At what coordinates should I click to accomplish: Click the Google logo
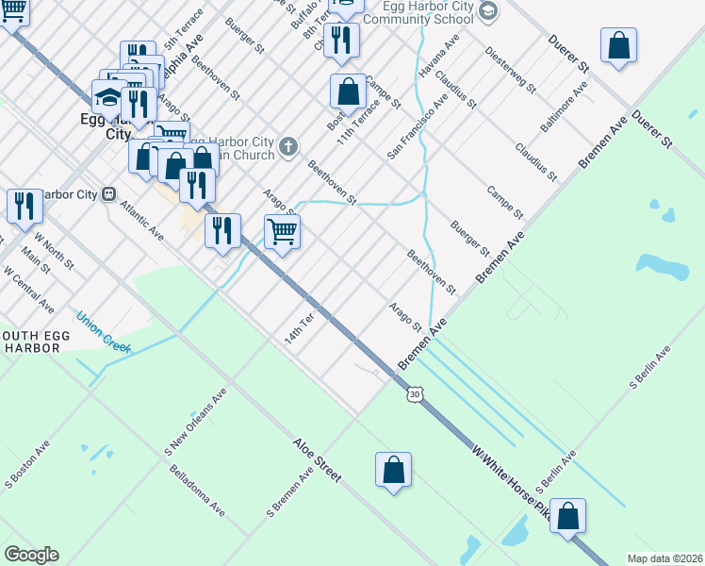[x=31, y=555]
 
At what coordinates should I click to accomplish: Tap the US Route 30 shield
[x=414, y=393]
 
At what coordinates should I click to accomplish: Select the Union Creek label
[x=102, y=331]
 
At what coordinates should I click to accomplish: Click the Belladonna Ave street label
[x=196, y=492]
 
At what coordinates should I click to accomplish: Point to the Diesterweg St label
[x=511, y=70]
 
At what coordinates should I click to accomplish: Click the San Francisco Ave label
[x=417, y=125]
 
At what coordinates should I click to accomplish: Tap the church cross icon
[x=288, y=146]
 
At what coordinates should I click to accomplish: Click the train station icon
[x=109, y=194]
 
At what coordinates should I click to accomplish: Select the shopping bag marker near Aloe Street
[x=393, y=469]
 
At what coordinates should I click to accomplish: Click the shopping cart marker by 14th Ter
[x=282, y=230]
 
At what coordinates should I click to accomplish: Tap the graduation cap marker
[x=108, y=96]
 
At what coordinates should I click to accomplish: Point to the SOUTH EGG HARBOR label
[x=30, y=341]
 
